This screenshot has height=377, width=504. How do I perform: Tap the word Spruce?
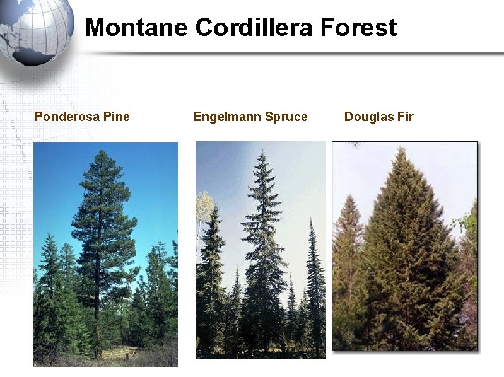tap(286, 117)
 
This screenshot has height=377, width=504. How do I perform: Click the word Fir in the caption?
tap(404, 117)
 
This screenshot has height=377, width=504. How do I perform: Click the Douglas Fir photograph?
tap(404, 245)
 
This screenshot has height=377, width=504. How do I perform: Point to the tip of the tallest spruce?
tap(262, 153)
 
